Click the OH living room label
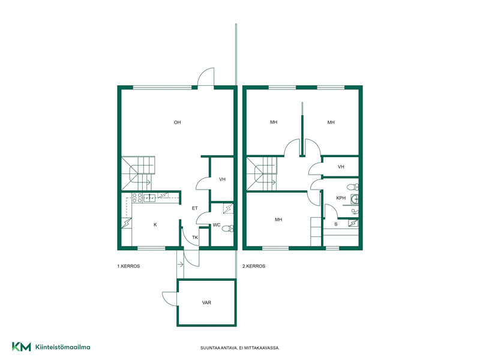click(x=177, y=122)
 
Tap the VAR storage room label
click(x=206, y=302)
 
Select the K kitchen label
click(x=155, y=224)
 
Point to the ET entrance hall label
click(x=194, y=208)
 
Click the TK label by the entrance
click(x=195, y=237)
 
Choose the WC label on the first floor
click(x=217, y=225)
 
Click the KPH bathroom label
click(x=341, y=198)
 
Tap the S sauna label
click(x=336, y=224)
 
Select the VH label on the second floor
click(x=341, y=167)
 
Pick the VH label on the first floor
click(x=222, y=179)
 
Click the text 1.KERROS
click(x=128, y=266)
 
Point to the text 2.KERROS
click(x=254, y=266)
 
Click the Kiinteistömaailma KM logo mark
click(x=22, y=347)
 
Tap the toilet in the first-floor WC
click(x=227, y=229)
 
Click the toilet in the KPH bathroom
click(x=353, y=187)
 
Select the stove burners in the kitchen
click(x=137, y=197)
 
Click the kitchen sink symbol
click(x=149, y=198)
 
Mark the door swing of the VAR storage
click(x=167, y=298)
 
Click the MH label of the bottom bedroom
click(x=278, y=220)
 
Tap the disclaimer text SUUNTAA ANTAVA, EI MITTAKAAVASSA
click(x=240, y=348)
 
